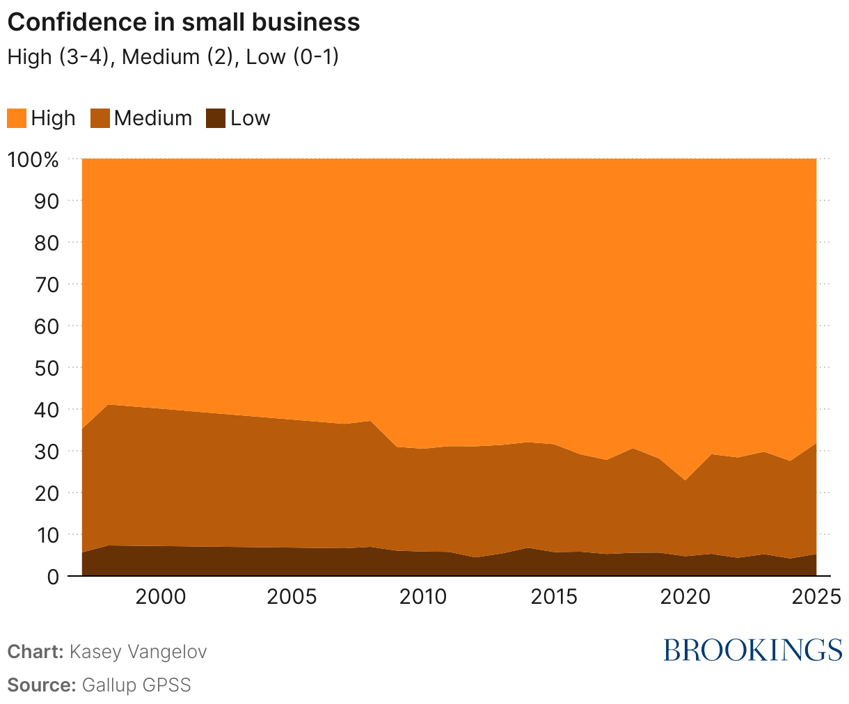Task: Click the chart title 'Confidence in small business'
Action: (183, 22)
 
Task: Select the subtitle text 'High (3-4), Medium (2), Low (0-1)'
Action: (173, 56)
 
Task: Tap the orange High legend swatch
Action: (17, 118)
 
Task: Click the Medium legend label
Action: (152, 118)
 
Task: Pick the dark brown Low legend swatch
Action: (216, 118)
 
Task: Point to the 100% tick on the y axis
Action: (33, 159)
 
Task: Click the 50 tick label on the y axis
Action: (47, 367)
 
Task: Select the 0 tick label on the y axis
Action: (53, 576)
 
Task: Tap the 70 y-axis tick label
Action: (47, 284)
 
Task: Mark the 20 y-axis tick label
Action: (47, 493)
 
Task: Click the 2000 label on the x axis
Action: (161, 598)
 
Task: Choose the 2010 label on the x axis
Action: (422, 598)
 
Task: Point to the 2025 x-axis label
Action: (817, 598)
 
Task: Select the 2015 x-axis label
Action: (554, 598)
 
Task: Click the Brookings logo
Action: (752, 650)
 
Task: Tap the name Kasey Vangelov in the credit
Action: (138, 652)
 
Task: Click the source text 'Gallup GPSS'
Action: (136, 685)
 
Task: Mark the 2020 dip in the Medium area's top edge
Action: (685, 480)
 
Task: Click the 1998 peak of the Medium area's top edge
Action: (109, 405)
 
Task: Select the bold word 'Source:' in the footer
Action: (41, 685)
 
